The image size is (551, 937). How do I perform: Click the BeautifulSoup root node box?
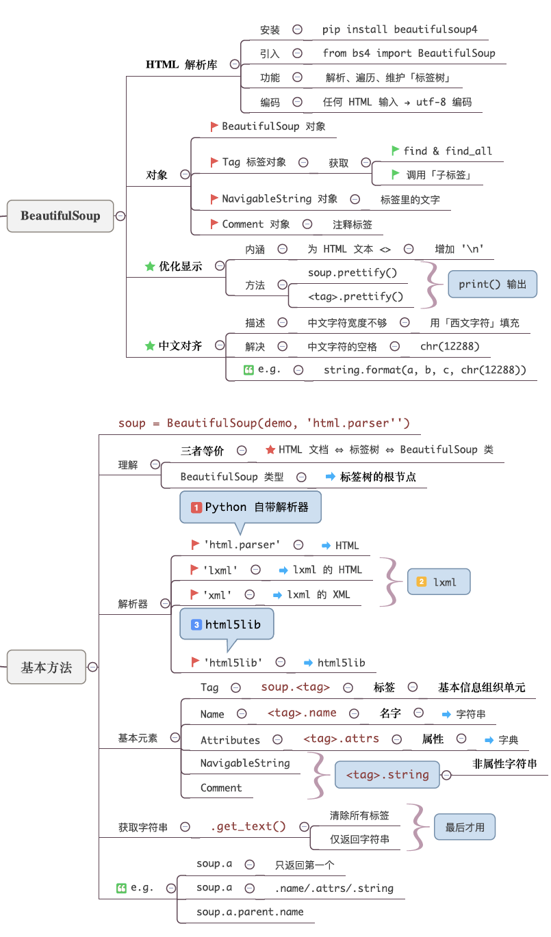click(x=60, y=216)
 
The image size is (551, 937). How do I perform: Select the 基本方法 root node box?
click(x=47, y=667)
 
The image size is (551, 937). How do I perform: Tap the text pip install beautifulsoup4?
click(x=400, y=29)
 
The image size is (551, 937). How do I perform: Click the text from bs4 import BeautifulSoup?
click(x=409, y=53)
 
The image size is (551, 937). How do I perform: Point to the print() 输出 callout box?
click(x=492, y=284)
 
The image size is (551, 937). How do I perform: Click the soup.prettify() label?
click(x=352, y=272)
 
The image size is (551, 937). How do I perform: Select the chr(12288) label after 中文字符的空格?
click(x=450, y=346)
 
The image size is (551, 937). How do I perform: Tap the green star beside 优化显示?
click(x=150, y=266)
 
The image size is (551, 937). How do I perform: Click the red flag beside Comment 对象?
click(x=215, y=224)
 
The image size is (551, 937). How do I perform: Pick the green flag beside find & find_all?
click(x=395, y=150)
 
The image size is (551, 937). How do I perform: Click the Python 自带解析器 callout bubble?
click(x=250, y=507)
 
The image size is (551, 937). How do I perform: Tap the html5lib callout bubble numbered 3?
click(x=226, y=624)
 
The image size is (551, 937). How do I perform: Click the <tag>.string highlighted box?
click(x=387, y=775)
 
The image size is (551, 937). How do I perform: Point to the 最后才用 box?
click(x=465, y=827)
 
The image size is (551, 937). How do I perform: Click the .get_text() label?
click(x=248, y=826)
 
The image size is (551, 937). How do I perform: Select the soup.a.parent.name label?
click(x=250, y=912)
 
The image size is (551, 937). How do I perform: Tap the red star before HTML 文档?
click(x=270, y=450)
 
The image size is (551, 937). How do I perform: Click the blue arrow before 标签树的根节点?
click(x=330, y=477)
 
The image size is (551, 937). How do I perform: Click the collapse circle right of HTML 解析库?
click(x=235, y=64)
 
